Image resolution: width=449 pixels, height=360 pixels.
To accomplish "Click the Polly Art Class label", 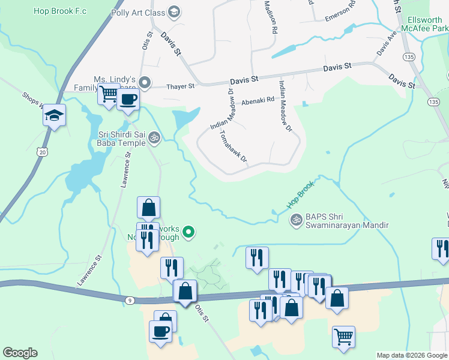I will [138, 11].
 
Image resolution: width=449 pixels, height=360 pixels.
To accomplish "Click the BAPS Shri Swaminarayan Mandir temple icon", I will [295, 221].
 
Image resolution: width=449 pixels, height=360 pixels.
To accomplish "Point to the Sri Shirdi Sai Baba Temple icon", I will [154, 138].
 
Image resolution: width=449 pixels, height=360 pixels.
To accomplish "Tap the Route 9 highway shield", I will [130, 299].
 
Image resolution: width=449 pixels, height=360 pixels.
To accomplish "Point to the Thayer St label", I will [181, 86].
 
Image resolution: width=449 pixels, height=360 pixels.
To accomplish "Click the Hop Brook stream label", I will [300, 196].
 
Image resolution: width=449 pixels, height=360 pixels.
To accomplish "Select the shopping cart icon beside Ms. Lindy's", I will [109, 94].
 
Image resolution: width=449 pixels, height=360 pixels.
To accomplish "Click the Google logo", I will [20, 353].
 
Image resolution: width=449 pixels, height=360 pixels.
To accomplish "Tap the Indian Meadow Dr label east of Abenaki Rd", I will [285, 107].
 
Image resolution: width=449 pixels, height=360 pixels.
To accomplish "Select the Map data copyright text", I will [412, 355].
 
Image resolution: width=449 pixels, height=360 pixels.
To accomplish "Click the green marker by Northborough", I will [188, 231].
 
